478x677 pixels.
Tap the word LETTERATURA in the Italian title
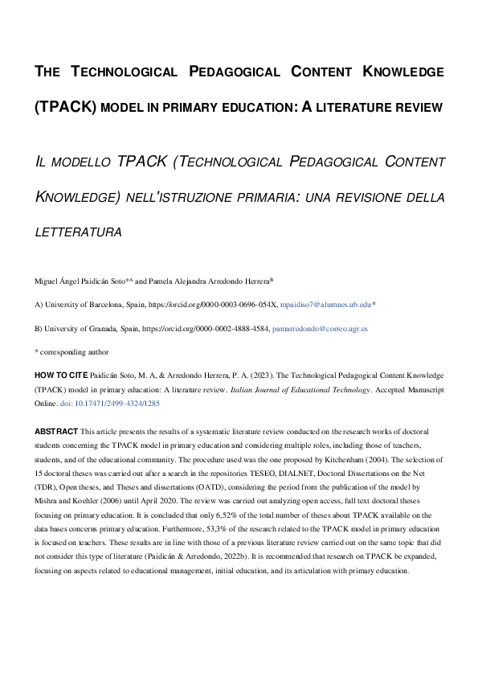point(78,232)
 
